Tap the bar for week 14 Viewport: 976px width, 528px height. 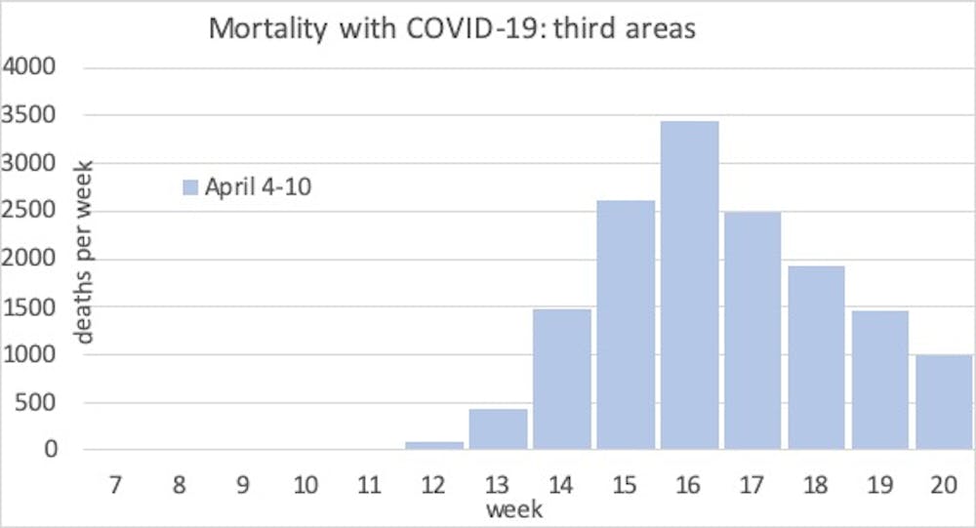point(562,380)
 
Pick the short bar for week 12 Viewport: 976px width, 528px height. point(434,445)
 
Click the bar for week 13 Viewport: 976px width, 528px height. point(498,429)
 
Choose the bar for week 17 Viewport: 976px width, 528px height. point(752,331)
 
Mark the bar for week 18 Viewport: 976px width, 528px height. point(816,358)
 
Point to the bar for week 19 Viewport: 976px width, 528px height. point(879,381)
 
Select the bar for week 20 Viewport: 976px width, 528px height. point(944,403)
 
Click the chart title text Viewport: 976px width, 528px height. point(452,28)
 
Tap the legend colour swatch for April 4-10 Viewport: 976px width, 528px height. point(190,187)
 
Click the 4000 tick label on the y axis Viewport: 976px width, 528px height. point(32,69)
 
